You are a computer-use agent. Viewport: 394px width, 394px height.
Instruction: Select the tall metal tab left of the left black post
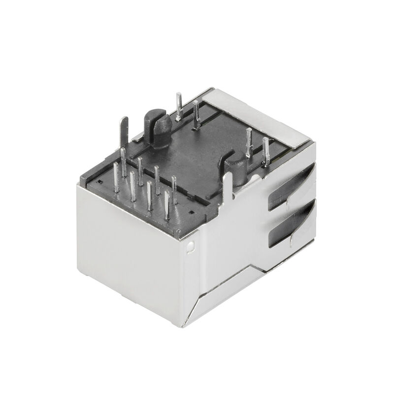click(x=124, y=131)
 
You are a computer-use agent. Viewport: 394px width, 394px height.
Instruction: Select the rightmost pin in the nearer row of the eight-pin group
click(x=167, y=204)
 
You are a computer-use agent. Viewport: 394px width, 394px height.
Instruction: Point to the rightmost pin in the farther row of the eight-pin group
click(x=174, y=190)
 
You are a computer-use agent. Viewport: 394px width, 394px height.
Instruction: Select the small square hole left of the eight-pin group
click(x=99, y=182)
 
